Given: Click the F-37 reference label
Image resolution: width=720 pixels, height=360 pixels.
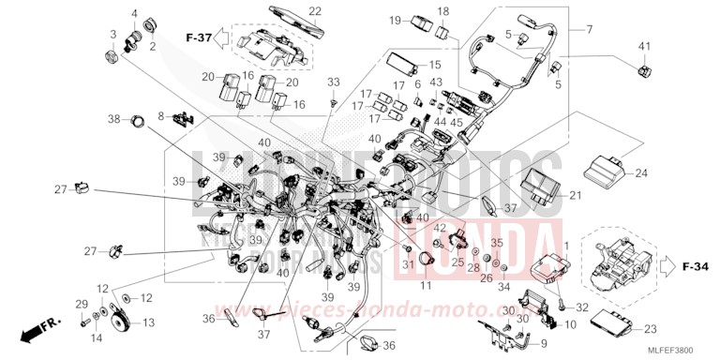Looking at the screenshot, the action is [199, 37].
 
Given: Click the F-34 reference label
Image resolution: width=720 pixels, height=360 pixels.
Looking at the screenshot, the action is [695, 267].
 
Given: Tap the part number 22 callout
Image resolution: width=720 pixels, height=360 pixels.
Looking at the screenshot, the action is [289, 10].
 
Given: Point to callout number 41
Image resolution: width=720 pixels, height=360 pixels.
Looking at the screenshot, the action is [644, 46].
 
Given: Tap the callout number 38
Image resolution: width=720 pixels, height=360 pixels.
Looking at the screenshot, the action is [113, 119].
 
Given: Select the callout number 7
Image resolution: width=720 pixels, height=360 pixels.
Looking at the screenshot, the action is [590, 29].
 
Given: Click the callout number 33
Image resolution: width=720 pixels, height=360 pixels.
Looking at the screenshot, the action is [332, 83].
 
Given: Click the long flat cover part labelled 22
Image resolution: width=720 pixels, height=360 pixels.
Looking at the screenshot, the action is [291, 25].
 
